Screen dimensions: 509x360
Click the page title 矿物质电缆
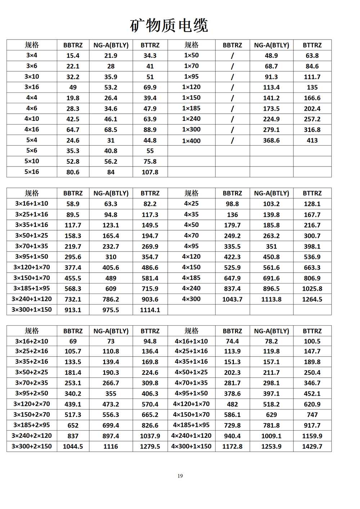169,25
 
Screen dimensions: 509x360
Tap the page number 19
180,476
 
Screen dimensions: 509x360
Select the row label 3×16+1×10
32,204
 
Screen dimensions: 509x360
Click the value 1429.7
312,446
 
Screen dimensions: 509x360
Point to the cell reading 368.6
271,140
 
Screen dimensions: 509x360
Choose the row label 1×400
191,141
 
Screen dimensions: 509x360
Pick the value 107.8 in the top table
150,172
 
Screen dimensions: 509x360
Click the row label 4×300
191,299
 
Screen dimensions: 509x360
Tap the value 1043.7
232,299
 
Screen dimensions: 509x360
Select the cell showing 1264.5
312,299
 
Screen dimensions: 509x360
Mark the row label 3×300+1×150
32,310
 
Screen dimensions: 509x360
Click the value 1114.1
150,310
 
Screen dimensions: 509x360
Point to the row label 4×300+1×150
191,446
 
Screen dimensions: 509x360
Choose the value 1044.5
73,446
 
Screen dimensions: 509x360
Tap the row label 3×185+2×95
32,425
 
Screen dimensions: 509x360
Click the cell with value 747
312,415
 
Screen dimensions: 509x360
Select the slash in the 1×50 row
232,56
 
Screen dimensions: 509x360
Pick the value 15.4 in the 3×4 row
73,56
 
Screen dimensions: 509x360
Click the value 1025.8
312,289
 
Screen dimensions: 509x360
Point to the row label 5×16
32,172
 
